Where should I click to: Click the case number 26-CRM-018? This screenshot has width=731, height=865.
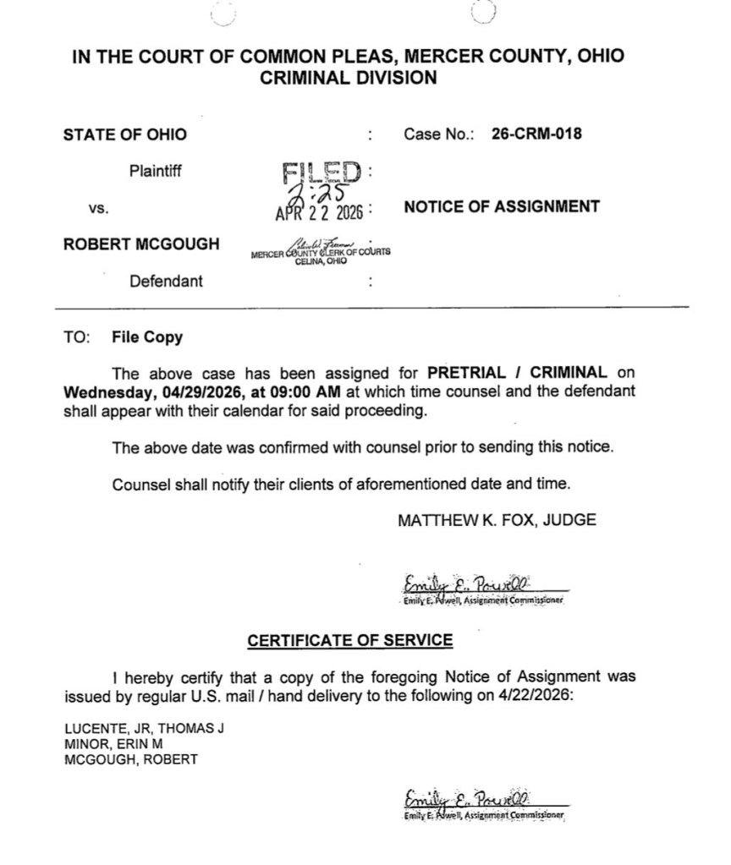pos(536,134)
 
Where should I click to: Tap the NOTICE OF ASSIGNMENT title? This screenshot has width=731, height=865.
pos(502,206)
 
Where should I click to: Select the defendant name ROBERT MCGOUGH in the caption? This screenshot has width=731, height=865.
pos(141,244)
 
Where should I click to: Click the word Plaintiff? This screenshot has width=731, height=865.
pos(156,171)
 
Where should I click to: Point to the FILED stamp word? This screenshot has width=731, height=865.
pos(322,172)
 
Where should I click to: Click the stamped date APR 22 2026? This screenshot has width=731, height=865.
pos(318,212)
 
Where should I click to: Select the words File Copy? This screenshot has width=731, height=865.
pos(146,337)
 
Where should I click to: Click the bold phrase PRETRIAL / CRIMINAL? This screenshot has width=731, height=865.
pos(518,372)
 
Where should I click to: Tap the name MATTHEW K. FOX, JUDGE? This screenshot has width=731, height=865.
pos(497,521)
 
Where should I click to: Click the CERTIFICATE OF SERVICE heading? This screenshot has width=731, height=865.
pos(349,640)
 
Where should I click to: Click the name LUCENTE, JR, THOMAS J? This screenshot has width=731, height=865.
pos(144,729)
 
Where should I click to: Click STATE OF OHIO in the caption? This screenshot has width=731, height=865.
pos(124,134)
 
